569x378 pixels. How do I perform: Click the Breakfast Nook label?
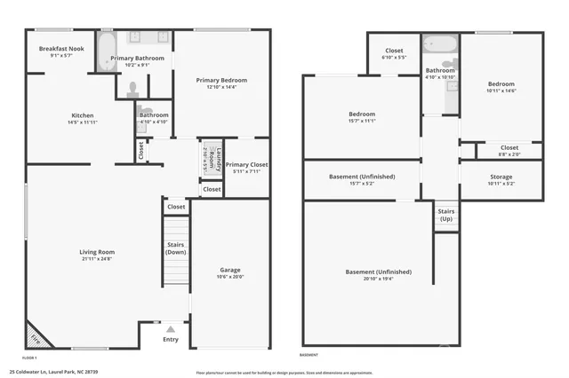(x=62, y=48)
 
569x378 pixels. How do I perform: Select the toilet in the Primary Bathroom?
(x=132, y=89)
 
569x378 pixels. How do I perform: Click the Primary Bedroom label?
(x=221, y=80)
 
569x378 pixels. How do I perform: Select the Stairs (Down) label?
(x=175, y=248)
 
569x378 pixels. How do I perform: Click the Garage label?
(x=230, y=270)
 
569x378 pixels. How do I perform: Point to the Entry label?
(x=171, y=338)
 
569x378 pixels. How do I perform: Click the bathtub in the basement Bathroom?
(x=439, y=44)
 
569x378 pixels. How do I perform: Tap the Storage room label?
(x=501, y=177)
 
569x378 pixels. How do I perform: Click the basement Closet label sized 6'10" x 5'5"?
(x=393, y=51)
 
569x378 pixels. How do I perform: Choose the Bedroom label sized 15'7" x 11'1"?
(x=361, y=114)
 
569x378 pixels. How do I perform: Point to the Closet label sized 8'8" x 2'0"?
(x=509, y=147)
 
